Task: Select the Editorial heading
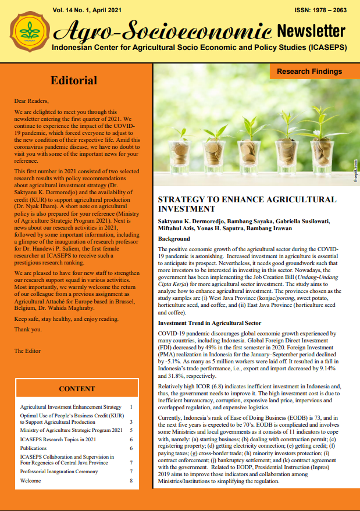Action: coord(74,80)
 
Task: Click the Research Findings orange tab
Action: coord(309,72)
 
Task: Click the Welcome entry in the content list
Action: coord(30,481)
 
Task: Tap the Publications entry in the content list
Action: coord(33,448)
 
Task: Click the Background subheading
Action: coord(174,239)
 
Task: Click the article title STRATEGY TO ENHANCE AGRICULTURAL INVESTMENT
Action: coord(247,203)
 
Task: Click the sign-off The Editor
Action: coord(28,351)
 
